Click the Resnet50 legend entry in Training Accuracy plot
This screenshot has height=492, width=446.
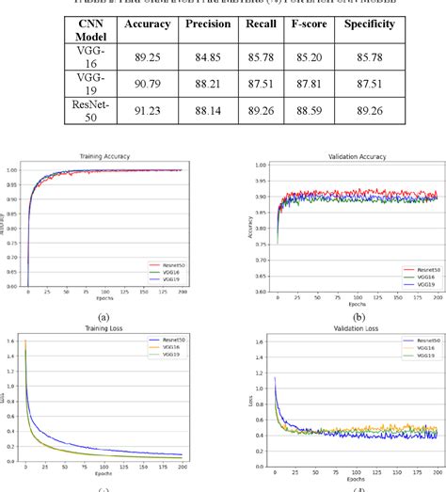point(170,266)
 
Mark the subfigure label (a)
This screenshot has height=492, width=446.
point(104,317)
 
